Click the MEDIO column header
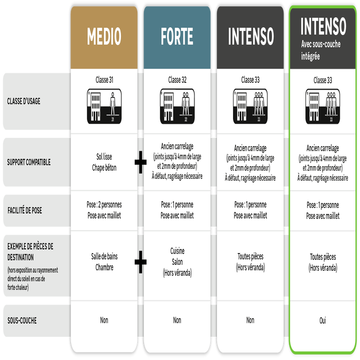tap(104, 37)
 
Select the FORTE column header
tap(177, 37)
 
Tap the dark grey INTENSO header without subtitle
tap(250, 37)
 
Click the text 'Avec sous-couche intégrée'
tap(320, 50)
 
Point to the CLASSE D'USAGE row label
tap(24, 101)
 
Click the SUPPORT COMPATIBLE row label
tap(29, 163)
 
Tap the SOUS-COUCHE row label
tap(22, 320)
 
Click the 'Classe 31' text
tap(104, 80)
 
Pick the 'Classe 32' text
tap(177, 80)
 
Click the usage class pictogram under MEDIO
tap(104, 106)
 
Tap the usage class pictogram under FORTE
tap(177, 106)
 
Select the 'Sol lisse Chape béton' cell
tap(104, 162)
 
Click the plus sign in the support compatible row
tap(140, 164)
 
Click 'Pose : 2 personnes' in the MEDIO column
tap(104, 205)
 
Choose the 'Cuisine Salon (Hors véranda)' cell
tap(177, 262)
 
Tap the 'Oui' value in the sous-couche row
tap(323, 320)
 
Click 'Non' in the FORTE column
tap(177, 320)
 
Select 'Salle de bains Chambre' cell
tap(104, 262)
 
